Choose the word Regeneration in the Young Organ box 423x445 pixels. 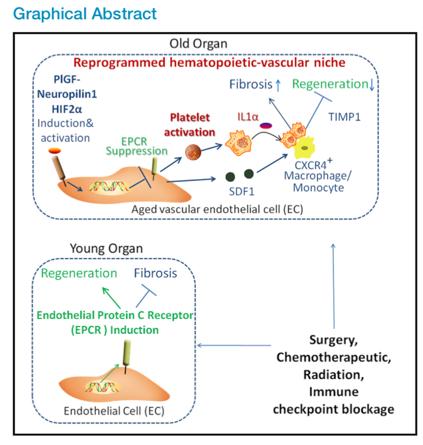(x=79, y=273)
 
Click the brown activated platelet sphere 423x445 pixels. (x=194, y=152)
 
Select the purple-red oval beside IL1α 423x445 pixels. (x=265, y=126)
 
